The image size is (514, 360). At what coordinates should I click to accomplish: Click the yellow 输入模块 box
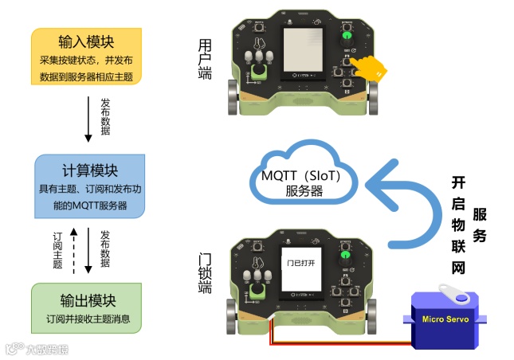coord(87,56)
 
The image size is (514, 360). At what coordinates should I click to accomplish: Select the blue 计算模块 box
coord(90,187)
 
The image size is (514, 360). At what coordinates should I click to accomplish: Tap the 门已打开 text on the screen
coord(302,262)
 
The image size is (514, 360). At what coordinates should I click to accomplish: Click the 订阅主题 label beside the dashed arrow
coord(57,250)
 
